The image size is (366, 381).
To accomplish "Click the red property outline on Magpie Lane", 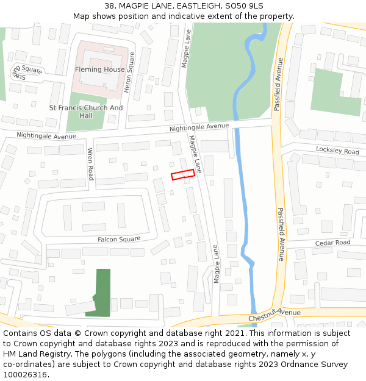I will pos(182,174).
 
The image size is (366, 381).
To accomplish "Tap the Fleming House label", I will pos(100,69).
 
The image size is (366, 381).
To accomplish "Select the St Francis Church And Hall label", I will pos(86,112).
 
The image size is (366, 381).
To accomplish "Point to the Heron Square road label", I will pos(129,72).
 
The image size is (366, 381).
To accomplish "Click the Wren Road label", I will pos(90,164).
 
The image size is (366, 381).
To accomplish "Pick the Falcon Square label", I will pos(119,240).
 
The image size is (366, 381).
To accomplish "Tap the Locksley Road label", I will pos(337,151).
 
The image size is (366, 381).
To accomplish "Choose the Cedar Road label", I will pos(332,243).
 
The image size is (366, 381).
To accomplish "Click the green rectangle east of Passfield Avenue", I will pos(335,91).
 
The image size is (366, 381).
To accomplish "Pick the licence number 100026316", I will pos(26,375).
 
